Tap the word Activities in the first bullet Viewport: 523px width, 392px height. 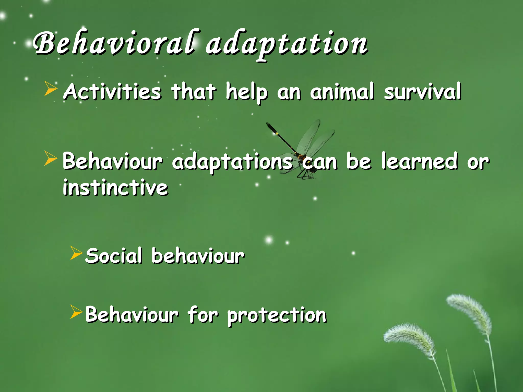tap(112, 91)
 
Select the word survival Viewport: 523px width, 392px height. tap(423, 91)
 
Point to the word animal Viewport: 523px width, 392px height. tap(342, 91)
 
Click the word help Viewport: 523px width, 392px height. tap(247, 92)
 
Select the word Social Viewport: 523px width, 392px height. tap(114, 256)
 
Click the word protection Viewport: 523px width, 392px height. tap(277, 315)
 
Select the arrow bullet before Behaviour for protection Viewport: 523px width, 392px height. tap(76, 312)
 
